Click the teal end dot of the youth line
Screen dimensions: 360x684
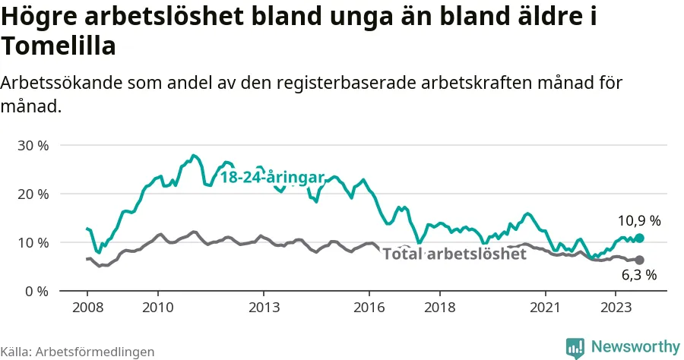639,238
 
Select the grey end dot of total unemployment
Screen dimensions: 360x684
639,260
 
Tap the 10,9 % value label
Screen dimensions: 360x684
638,221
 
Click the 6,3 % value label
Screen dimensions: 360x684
638,276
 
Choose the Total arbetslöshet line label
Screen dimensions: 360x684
454,254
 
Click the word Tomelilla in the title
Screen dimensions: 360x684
59,47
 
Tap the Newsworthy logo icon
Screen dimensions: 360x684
575,346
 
